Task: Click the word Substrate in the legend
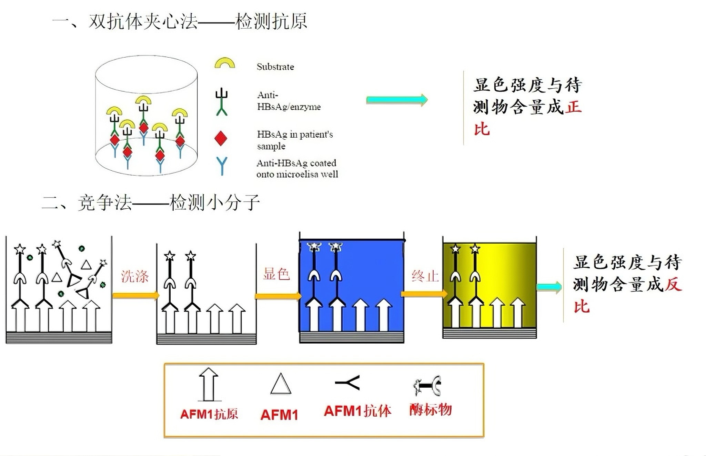pyautogui.click(x=275, y=67)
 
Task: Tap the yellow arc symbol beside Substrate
pyautogui.click(x=224, y=63)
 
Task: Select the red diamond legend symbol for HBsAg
pyautogui.click(x=221, y=138)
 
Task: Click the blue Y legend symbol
pyautogui.click(x=222, y=166)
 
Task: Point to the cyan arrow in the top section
pyautogui.click(x=396, y=100)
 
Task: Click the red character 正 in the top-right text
pyautogui.click(x=573, y=107)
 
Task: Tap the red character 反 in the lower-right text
pyautogui.click(x=673, y=285)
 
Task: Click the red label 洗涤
pyautogui.click(x=135, y=276)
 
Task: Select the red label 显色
pyautogui.click(x=276, y=274)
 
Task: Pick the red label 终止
pyautogui.click(x=425, y=276)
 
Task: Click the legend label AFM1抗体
pyautogui.click(x=357, y=411)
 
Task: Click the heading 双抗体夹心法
pyautogui.click(x=143, y=21)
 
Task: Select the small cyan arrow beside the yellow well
pyautogui.click(x=549, y=287)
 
